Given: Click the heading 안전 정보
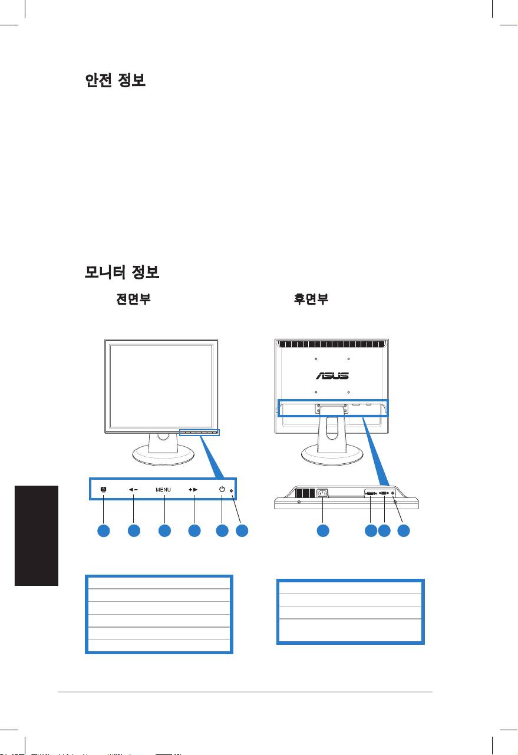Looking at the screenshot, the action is click(x=115, y=80).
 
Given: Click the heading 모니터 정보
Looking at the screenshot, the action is click(x=121, y=272).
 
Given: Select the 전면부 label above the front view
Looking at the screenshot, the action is click(x=133, y=299).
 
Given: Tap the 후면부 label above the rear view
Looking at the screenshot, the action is click(x=311, y=299).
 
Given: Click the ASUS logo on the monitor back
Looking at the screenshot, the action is click(x=332, y=375).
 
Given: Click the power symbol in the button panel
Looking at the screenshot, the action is click(x=222, y=489).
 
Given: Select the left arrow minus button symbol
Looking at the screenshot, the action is click(x=133, y=489).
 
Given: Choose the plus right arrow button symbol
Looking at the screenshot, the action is click(x=193, y=489).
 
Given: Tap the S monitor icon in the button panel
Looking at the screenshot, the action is click(x=104, y=489).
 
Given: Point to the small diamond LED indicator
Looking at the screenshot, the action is click(x=231, y=491).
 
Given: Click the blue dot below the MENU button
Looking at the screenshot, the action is click(x=164, y=530).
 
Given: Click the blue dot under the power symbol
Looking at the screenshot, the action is click(x=222, y=530).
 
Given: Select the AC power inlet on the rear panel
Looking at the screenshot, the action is click(x=322, y=493).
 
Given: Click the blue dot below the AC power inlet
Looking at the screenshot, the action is click(x=323, y=530).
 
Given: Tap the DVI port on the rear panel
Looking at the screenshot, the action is click(x=371, y=493).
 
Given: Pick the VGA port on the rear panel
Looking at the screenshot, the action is click(x=384, y=493).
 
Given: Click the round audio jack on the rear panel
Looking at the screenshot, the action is click(x=393, y=493).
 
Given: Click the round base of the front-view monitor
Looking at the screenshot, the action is click(x=163, y=455).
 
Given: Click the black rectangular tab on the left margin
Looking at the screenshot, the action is click(x=37, y=536).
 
